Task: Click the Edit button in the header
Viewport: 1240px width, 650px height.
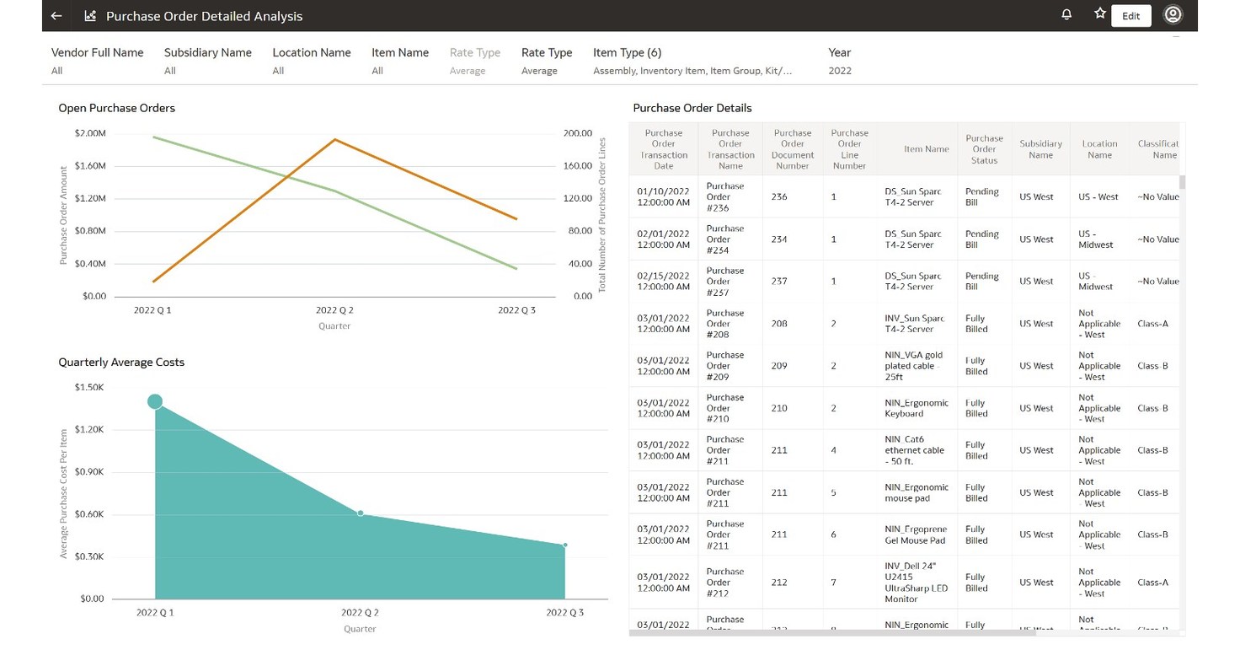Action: click(1130, 16)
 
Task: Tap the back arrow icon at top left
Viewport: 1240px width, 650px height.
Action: click(56, 16)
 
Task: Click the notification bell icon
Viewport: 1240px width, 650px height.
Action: click(1066, 15)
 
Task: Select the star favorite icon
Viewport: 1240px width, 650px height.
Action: click(1099, 14)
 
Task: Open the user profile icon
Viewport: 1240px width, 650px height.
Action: click(1173, 15)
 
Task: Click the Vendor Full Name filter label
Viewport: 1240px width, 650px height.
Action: click(97, 52)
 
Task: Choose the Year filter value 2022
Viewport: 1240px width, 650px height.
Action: click(839, 71)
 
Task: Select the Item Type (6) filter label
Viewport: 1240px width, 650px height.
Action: click(627, 52)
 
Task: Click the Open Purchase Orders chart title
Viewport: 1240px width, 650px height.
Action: click(116, 108)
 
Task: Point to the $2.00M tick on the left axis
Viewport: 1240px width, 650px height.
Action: click(90, 133)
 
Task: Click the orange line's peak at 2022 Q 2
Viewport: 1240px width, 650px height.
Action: click(334, 139)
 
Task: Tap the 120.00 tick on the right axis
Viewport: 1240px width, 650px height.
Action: click(577, 198)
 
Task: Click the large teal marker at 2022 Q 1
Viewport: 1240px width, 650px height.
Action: click(155, 401)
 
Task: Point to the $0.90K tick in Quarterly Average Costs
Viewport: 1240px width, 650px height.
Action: click(88, 472)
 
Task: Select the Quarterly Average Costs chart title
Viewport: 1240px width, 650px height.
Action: click(121, 363)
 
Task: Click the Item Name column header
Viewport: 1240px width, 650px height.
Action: click(926, 149)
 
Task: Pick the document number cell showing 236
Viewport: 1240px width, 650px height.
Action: click(779, 196)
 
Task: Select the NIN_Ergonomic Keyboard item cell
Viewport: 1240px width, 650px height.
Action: click(915, 408)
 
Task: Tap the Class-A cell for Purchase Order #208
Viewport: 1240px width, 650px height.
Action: click(1152, 324)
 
